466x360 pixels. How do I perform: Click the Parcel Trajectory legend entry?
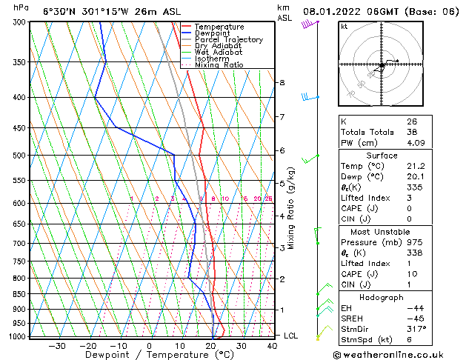tap(228, 39)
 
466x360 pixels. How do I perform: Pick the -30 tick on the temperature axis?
tap(56, 346)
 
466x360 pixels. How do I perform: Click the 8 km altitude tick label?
tap(282, 82)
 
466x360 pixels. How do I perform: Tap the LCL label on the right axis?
tap(291, 336)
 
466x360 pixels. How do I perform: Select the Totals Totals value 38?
tap(412, 132)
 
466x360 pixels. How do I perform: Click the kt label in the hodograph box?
tap(344, 27)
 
